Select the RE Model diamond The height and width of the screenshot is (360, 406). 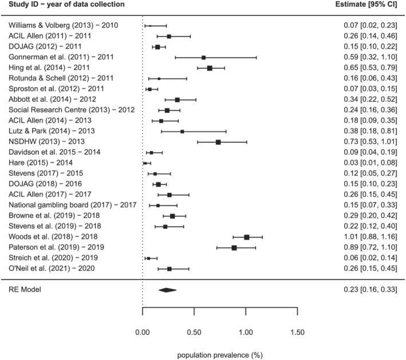coord(167,290)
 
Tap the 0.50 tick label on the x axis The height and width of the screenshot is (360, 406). coord(194,331)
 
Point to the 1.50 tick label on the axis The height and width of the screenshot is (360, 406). coord(297,331)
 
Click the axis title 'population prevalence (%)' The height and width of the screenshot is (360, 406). coord(219,355)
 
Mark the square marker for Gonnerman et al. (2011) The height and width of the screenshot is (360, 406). coord(203,57)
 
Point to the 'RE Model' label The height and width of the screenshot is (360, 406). coord(26,290)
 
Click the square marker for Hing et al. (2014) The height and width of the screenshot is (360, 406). coord(210,68)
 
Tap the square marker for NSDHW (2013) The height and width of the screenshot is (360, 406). coord(218,142)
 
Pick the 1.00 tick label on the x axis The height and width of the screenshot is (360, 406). coord(246,331)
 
